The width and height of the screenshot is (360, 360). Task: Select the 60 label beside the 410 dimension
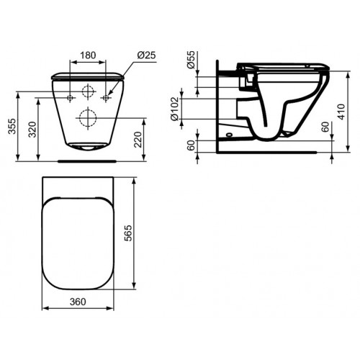(325, 128)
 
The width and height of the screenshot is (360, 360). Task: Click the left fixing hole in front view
(70, 97)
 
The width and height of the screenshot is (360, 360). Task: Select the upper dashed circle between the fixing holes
(88, 92)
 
